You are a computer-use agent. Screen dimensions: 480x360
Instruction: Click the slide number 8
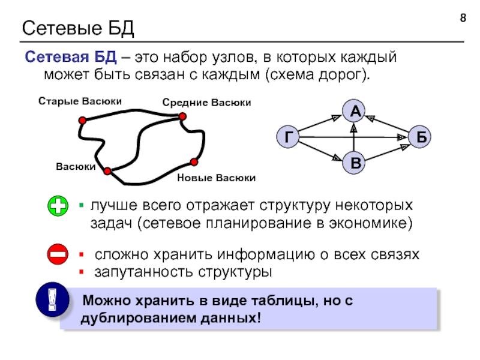click(x=463, y=19)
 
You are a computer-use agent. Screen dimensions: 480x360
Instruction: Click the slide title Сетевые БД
click(x=79, y=28)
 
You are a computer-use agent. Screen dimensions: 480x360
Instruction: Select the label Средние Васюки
click(x=206, y=103)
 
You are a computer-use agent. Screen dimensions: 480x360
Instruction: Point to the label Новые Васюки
click(x=217, y=178)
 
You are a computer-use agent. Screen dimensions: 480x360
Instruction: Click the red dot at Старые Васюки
click(x=82, y=121)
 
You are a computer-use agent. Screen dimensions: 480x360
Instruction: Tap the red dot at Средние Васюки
click(x=182, y=117)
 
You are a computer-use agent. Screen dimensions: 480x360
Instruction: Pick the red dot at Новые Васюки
click(x=194, y=161)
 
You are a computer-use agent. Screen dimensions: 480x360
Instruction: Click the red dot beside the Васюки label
click(x=107, y=172)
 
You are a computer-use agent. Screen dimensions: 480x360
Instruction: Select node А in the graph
click(x=355, y=111)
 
